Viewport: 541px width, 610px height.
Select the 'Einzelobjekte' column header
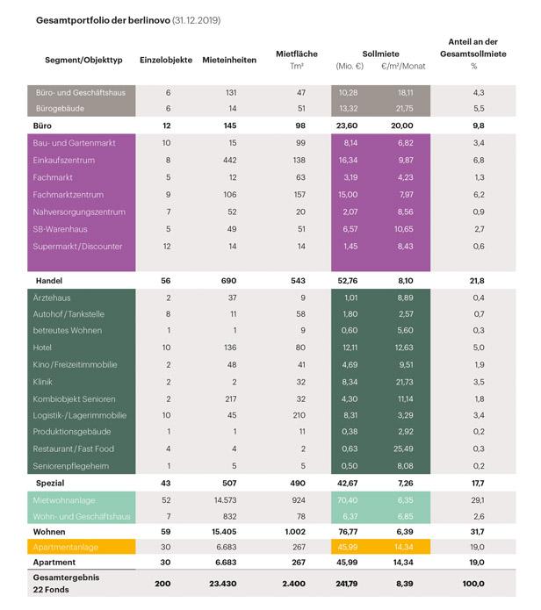pyautogui.click(x=168, y=60)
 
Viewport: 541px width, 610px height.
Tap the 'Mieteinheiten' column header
pyautogui.click(x=229, y=60)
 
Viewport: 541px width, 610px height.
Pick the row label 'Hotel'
pyautogui.click(x=44, y=348)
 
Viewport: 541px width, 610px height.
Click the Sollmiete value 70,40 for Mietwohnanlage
pyautogui.click(x=350, y=499)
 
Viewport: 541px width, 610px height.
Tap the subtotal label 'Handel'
pyautogui.click(x=48, y=280)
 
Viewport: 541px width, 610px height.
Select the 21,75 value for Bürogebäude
pyautogui.click(x=406, y=109)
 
